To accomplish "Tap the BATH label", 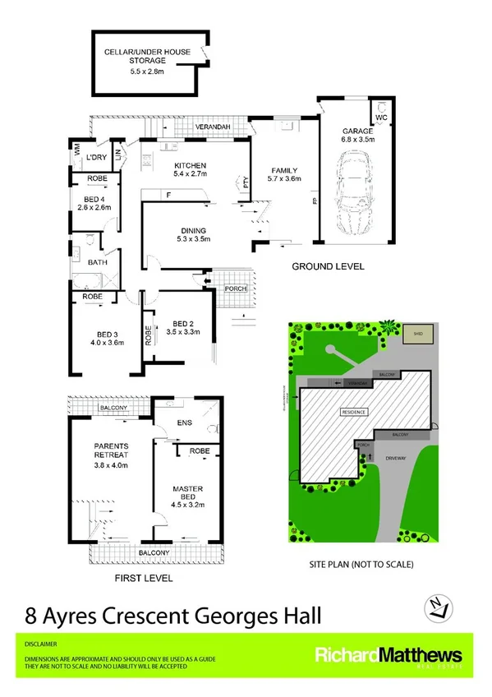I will point(98,263).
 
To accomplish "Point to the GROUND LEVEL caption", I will point(328,267).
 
